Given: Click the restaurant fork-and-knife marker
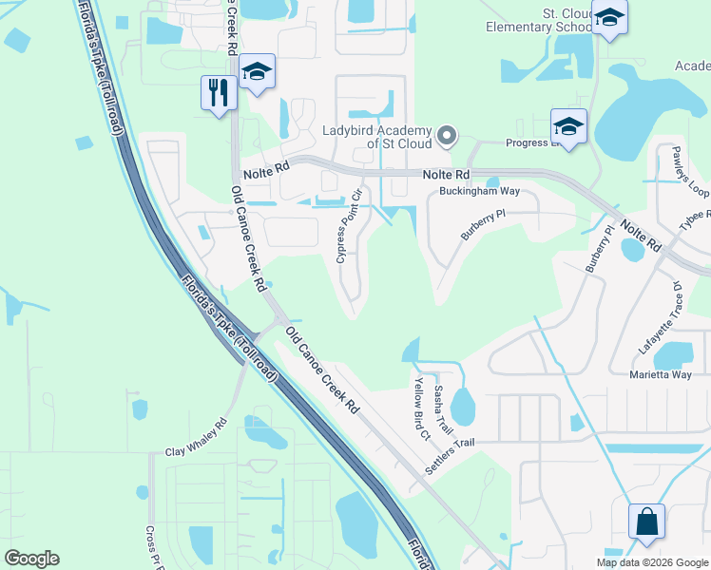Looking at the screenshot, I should click(x=219, y=93).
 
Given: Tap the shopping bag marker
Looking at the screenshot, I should click(x=645, y=522).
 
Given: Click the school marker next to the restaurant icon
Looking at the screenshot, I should click(x=257, y=73).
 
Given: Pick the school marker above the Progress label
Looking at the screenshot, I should click(x=568, y=126).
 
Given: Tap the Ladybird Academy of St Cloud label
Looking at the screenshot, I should click(x=377, y=136).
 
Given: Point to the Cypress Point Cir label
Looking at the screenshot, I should click(x=348, y=227).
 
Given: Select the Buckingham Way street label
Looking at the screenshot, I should click(x=479, y=191).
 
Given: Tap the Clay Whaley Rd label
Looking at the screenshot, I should click(x=196, y=439).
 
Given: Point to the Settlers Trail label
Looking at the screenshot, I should click(x=449, y=455).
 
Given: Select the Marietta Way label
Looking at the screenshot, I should click(x=661, y=374).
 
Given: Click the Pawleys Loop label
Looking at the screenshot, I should click(x=691, y=172).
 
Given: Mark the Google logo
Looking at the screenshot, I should click(x=31, y=559).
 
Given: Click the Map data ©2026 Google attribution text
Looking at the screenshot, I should click(x=651, y=562).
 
